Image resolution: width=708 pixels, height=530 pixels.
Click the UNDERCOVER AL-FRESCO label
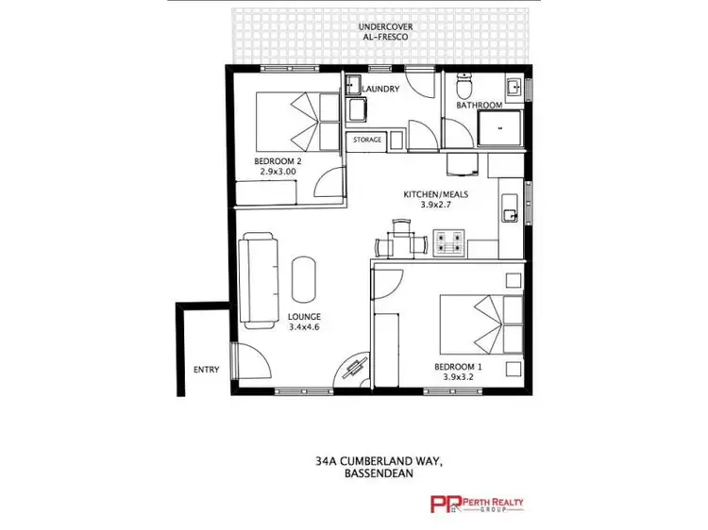point(382,32)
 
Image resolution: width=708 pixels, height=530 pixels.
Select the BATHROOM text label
point(478,106)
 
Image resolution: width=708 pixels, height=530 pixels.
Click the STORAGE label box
point(367,140)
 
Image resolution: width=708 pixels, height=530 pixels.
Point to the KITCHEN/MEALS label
point(435,194)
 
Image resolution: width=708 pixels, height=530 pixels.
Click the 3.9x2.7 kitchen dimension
point(435,205)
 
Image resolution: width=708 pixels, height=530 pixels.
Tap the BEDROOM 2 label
point(277,162)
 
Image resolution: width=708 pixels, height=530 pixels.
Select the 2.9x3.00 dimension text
point(277,173)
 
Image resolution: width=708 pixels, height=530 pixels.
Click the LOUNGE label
point(305,317)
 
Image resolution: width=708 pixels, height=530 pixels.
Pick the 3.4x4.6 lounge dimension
point(305,327)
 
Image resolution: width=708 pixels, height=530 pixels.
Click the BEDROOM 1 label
point(458,366)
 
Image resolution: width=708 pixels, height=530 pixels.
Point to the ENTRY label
point(206,370)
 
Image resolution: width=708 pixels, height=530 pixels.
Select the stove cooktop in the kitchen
point(448,243)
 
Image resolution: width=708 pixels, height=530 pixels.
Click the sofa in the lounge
point(258,280)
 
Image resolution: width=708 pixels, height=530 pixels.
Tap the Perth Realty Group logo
point(477,505)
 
